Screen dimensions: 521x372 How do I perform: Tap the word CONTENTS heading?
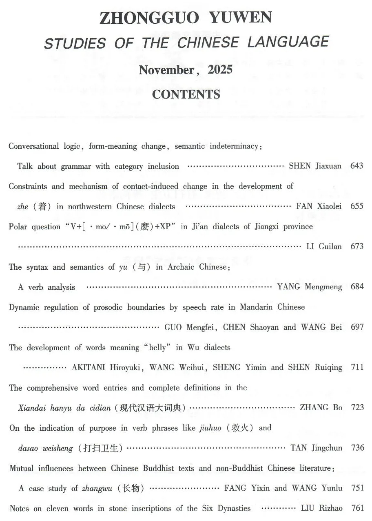coord(186,94)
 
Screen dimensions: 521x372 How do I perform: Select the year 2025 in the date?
coord(220,70)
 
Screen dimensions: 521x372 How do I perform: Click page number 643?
coord(357,166)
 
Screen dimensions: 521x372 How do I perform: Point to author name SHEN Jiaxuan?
coord(315,166)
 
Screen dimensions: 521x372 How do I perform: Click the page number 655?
coord(357,206)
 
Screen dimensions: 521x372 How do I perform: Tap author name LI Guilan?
coord(324,246)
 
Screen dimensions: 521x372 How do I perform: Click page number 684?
coord(357,287)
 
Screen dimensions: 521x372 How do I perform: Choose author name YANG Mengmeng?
coord(310,287)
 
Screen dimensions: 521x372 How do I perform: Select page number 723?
coord(357,407)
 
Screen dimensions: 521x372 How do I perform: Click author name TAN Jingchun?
coord(316,448)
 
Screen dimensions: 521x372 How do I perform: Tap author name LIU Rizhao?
coord(322,508)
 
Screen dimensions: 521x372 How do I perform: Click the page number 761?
coord(357,508)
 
